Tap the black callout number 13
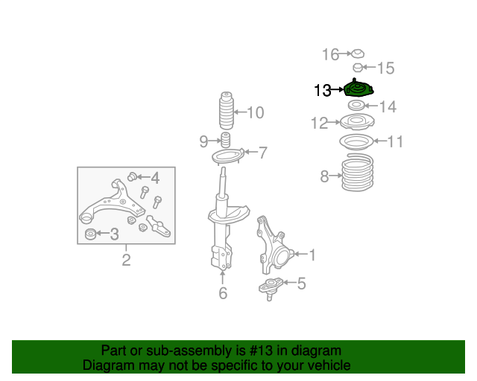(323, 90)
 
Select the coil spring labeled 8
(358, 173)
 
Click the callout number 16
(330, 54)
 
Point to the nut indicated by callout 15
(358, 68)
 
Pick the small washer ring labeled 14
(356, 106)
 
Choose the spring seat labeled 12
(357, 121)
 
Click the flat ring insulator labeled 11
(356, 141)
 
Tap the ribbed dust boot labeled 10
(227, 111)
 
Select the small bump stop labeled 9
(225, 140)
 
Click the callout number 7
(262, 153)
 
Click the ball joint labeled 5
(270, 288)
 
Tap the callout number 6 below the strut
(223, 293)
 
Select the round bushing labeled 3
(90, 234)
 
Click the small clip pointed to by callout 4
(132, 176)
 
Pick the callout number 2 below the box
(126, 260)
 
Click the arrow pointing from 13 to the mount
(337, 89)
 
